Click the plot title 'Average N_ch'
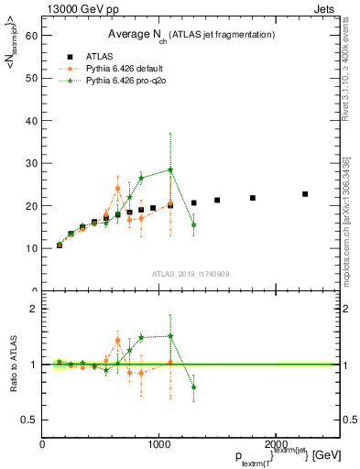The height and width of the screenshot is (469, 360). point(183,34)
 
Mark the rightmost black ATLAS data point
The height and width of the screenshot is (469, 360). point(305,194)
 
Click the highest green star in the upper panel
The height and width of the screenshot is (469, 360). point(170,169)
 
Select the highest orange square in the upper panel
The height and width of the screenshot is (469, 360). point(118,189)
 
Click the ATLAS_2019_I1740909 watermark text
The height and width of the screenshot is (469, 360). point(191,273)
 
